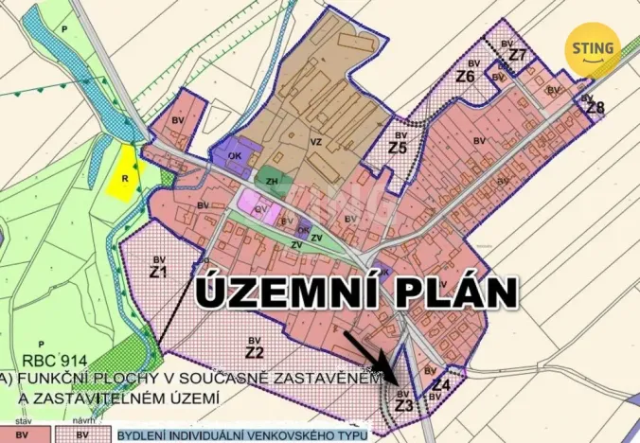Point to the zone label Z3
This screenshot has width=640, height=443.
tap(404, 405)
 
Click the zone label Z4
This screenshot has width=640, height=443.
tap(440, 385)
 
